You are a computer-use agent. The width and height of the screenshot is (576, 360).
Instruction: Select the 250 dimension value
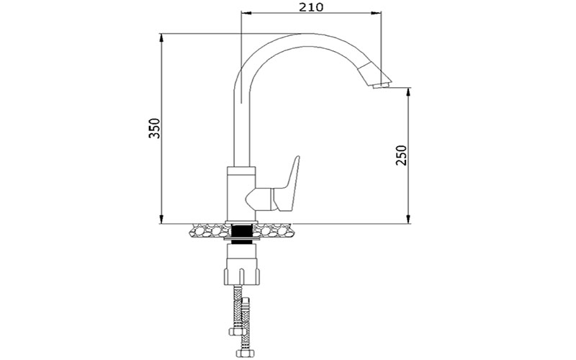pos(401,155)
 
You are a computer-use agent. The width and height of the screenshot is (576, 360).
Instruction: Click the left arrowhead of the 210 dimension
pos(243,13)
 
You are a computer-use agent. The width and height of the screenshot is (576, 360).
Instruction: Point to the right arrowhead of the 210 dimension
pos(378,13)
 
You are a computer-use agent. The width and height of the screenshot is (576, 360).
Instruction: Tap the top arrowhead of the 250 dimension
pos(408,91)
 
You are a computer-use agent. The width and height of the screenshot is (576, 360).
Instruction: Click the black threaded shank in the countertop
pos(242,233)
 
